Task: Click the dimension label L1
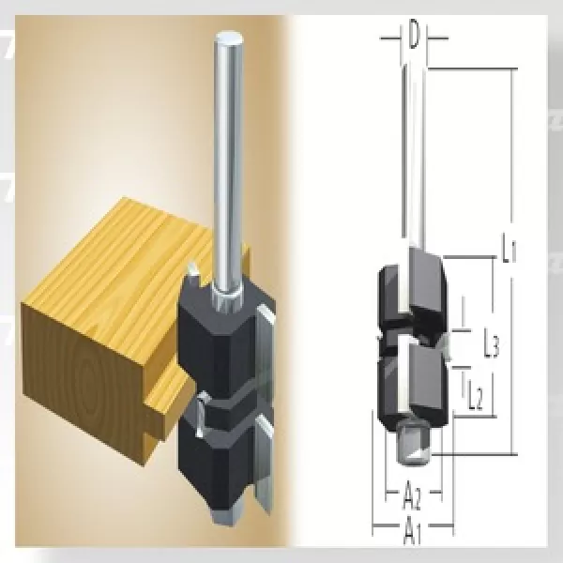click(507, 251)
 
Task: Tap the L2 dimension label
click(475, 399)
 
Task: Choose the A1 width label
click(411, 533)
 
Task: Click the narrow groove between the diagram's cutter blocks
click(413, 335)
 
